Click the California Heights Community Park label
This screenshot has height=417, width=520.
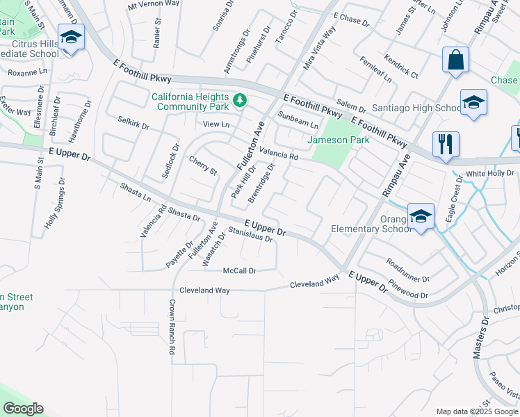190,101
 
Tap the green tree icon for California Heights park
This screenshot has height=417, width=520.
241,101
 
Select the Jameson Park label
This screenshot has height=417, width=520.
338,140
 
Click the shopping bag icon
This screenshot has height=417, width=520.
456,60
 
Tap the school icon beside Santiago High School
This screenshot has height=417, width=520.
473,103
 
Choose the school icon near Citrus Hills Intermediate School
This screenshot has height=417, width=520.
71,36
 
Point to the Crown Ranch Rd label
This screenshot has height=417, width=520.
171,327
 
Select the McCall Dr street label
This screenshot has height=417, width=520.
240,270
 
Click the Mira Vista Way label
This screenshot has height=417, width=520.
320,48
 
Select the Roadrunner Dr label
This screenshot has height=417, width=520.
408,272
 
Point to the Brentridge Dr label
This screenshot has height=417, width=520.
262,181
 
